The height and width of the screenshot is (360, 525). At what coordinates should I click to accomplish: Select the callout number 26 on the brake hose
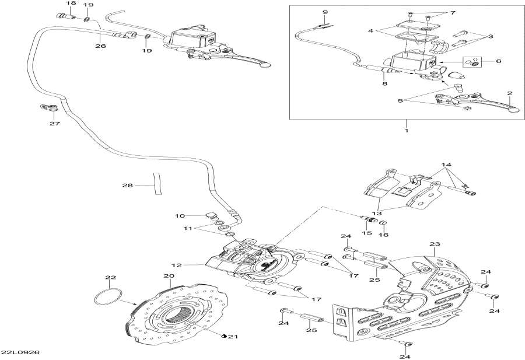[100, 46]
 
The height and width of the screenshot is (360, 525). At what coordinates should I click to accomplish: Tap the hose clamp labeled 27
[50, 108]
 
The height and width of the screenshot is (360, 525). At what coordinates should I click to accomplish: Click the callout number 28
[127, 186]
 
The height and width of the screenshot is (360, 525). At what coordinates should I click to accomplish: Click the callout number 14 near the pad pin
[446, 165]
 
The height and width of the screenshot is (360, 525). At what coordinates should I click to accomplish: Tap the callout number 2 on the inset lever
[509, 93]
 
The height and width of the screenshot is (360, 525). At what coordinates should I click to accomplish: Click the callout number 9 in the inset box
[325, 12]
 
